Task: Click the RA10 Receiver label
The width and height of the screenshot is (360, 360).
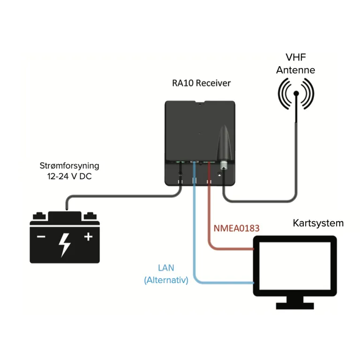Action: click(201, 83)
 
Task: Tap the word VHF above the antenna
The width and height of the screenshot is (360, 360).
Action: click(295, 58)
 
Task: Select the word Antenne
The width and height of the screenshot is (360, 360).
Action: click(295, 70)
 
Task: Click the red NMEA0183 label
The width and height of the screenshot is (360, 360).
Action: click(236, 228)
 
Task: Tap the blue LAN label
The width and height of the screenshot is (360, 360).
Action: click(166, 269)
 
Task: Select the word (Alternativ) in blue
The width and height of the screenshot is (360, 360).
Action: click(166, 280)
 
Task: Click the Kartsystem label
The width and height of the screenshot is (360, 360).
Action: click(318, 223)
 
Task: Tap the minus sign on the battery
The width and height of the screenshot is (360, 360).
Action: click(41, 237)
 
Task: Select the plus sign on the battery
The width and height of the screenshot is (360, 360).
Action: click(88, 237)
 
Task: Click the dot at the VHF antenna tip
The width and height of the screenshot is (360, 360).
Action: click(296, 93)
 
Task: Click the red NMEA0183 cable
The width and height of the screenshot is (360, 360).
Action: click(209, 220)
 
